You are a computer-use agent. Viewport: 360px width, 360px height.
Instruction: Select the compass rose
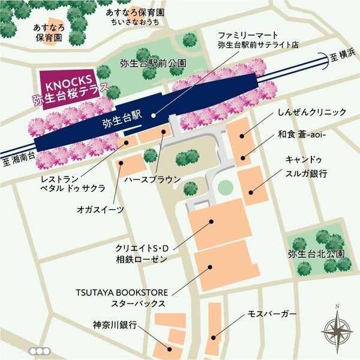pos(337,328)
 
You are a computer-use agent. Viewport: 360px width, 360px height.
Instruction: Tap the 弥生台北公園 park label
pos(316,254)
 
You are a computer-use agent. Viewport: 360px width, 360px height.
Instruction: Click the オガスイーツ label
pos(100,209)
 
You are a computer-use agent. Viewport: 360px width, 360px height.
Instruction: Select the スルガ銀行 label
pos(306,173)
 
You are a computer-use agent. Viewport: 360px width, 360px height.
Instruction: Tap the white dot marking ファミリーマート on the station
pos(154,115)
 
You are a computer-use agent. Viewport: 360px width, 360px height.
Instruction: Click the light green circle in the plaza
pos(224,188)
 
